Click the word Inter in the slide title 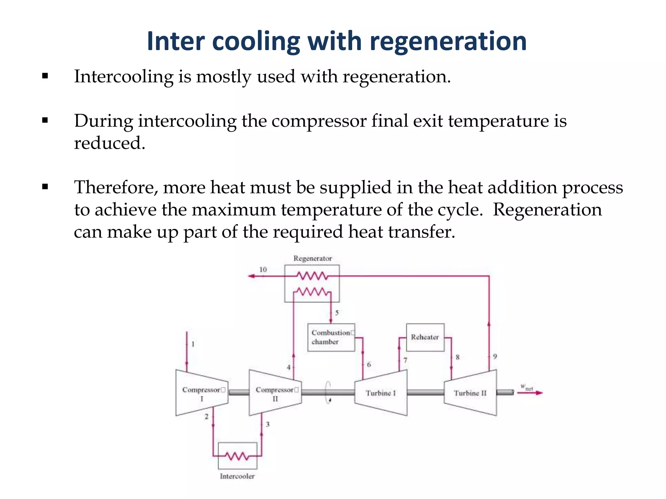click(x=176, y=41)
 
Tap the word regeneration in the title click(x=448, y=41)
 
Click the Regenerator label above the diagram click(x=313, y=259)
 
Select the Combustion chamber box click(x=331, y=337)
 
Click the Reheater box click(x=425, y=337)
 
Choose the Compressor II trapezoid click(x=275, y=393)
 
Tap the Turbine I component click(x=380, y=393)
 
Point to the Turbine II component click(x=470, y=393)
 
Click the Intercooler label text click(x=237, y=476)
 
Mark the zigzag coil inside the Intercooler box click(x=237, y=456)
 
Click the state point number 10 click(x=263, y=269)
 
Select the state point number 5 click(x=337, y=313)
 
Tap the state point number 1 click(x=193, y=344)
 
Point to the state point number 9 click(x=495, y=356)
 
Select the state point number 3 click(x=268, y=424)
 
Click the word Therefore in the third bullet click(x=116, y=187)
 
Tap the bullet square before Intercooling click(x=45, y=77)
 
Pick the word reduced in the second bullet click(x=109, y=143)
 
